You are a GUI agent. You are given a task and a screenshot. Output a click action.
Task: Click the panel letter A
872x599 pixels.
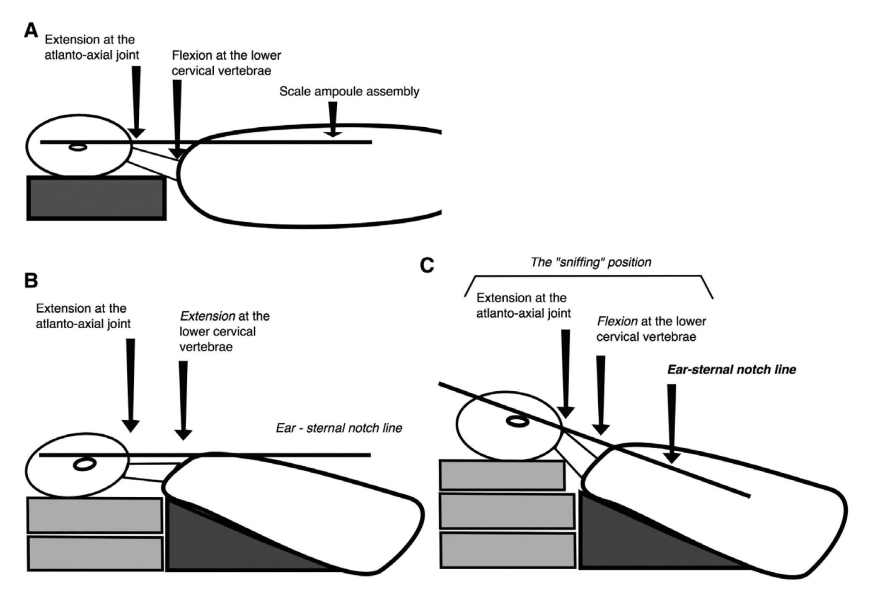31,31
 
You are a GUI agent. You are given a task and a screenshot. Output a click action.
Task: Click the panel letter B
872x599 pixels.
31,281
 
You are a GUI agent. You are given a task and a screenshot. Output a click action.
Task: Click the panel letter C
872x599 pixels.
427,266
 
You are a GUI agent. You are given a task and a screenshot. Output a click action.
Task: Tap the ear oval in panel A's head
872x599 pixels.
78,148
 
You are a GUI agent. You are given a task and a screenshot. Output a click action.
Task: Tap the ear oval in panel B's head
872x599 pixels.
84,464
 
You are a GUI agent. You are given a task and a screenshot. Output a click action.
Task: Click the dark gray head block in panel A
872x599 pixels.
96,198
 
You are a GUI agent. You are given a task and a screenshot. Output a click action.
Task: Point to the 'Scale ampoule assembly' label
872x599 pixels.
349,92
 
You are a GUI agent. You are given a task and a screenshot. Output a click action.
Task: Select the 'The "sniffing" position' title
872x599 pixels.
591,262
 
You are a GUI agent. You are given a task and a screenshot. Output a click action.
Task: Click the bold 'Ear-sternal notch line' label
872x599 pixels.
731,370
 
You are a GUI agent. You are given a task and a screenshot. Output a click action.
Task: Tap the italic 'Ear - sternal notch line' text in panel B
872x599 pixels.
339,428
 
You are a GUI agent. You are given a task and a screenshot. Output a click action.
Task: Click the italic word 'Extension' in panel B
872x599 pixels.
207,316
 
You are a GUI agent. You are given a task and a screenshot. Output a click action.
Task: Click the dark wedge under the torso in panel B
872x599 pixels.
221,541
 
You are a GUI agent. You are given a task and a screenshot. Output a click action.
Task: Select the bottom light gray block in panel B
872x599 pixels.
95,553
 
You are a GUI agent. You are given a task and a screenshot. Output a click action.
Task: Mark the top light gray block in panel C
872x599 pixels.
502,475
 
